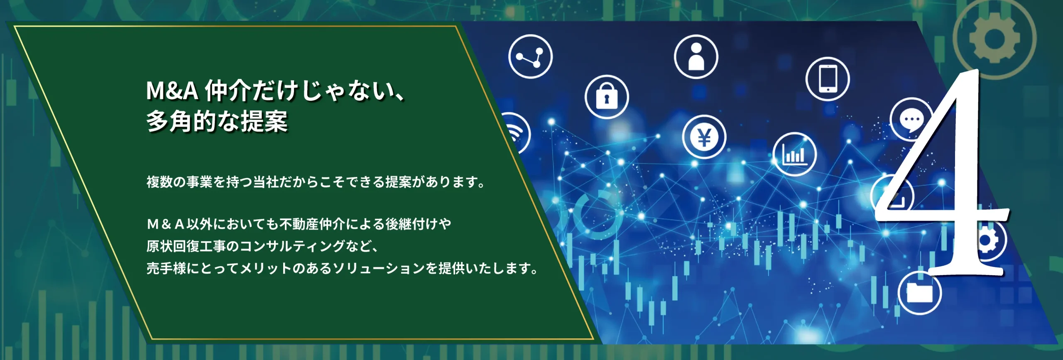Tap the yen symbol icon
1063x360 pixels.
click(704, 137)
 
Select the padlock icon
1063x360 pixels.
click(607, 97)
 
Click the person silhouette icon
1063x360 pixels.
click(696, 57)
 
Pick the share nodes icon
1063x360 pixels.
click(530, 56)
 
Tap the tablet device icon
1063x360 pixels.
click(828, 79)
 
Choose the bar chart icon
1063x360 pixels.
click(794, 154)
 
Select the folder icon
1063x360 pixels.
click(919, 293)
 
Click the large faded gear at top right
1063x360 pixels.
click(994, 38)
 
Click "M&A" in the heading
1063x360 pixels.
click(172, 91)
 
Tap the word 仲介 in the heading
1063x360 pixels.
click(228, 91)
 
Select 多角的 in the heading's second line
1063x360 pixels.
click(181, 121)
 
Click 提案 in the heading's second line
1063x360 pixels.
click(264, 121)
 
